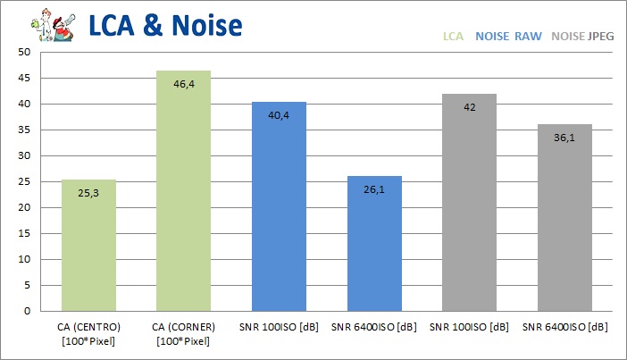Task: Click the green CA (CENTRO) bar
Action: tap(88, 246)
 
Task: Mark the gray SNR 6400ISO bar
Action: tap(565, 218)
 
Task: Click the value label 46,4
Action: tap(184, 85)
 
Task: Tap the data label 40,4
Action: tap(280, 115)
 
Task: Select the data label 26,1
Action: tap(374, 189)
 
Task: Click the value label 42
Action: tap(470, 107)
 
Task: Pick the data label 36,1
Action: tap(565, 138)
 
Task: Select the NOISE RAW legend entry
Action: tap(509, 38)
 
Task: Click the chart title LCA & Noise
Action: tap(166, 24)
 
